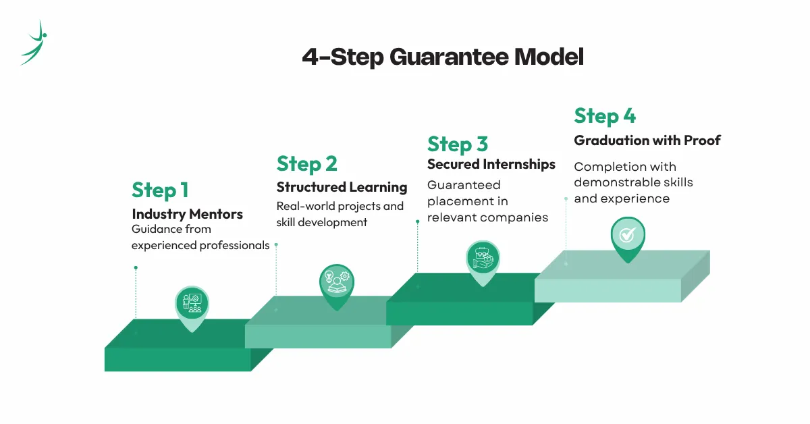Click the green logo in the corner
click(34, 42)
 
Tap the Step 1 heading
click(160, 190)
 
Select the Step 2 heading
click(306, 164)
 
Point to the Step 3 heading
click(457, 144)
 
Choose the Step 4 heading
click(605, 115)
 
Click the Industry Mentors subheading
click(187, 214)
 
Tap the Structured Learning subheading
click(342, 187)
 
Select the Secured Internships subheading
click(491, 164)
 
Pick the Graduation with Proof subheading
click(647, 140)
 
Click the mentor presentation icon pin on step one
click(192, 304)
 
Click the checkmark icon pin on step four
click(627, 235)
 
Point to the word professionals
click(234, 245)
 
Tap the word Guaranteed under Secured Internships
click(464, 184)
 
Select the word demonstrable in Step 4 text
click(620, 182)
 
